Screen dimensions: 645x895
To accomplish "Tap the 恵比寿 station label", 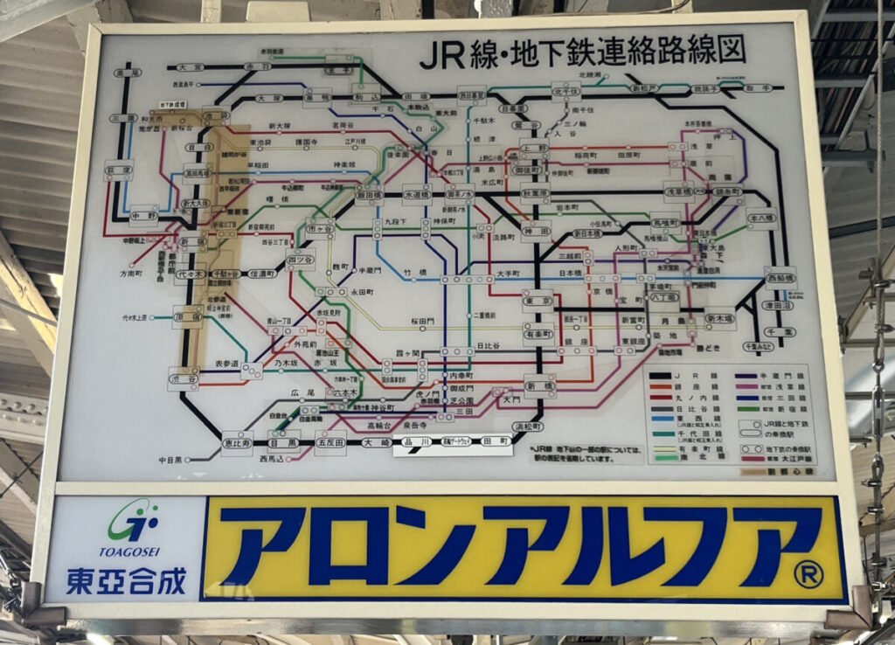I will pos(236,442).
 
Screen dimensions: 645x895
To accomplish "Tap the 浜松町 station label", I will pos(528,427).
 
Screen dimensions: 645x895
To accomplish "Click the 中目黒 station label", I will pos(170,458).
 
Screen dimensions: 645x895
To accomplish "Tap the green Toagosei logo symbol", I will pos(133,522).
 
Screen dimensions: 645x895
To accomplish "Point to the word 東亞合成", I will pos(127,580).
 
